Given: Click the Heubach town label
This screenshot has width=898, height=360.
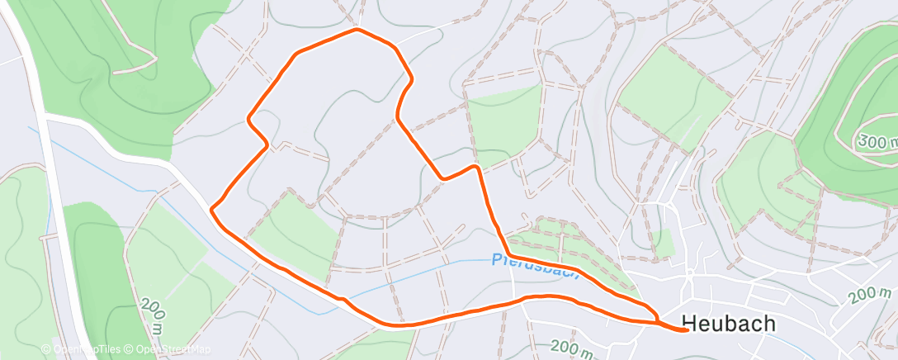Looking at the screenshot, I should coord(729,324).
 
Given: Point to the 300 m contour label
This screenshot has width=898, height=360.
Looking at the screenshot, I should coord(877,142).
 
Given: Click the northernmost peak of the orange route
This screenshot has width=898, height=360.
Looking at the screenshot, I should coord(357,30).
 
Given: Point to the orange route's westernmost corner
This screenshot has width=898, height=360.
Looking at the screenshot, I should coord(212,210).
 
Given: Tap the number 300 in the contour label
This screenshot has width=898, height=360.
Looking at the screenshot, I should coord(870,140).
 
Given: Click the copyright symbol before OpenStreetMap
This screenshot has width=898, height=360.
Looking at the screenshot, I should coord(130,350).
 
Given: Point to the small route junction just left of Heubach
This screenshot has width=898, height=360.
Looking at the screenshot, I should coord(656,318).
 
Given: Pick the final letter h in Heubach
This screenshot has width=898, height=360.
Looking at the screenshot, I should coord(768,324).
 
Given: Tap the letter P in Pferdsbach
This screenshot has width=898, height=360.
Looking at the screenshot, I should coord(497,258).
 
